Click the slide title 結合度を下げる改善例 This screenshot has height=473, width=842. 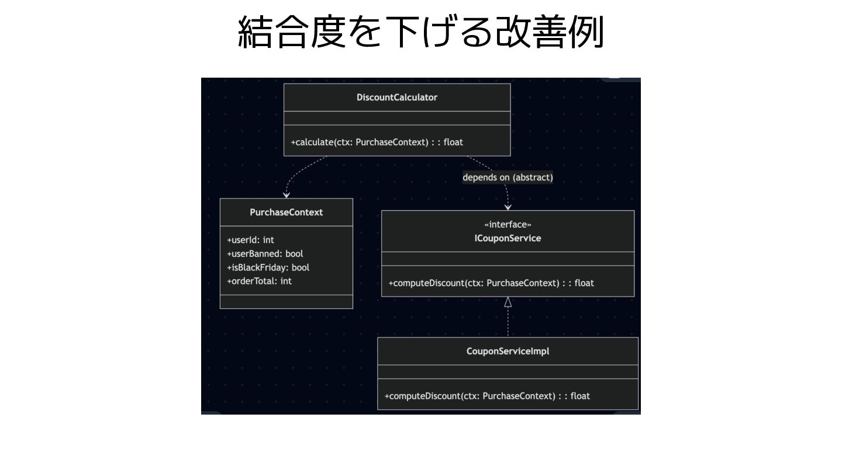[420, 33]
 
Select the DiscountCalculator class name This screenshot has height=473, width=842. [396, 98]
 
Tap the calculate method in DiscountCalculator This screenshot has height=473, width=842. [377, 142]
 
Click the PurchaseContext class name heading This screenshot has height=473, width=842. [286, 212]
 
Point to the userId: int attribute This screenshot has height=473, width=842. [250, 240]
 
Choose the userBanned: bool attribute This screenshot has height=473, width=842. [265, 253]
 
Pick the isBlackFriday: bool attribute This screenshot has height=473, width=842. [268, 267]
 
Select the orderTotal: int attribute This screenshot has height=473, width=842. [259, 281]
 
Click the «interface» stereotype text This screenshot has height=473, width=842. [508, 225]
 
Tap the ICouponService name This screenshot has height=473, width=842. [508, 238]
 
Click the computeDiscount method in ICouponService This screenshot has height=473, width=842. [491, 283]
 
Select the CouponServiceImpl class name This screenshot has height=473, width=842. [508, 352]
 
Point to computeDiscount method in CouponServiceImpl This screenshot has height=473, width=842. [487, 396]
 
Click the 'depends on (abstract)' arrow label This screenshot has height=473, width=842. [508, 178]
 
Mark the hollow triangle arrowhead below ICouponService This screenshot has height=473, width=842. [508, 302]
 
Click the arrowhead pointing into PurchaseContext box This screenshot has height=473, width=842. [287, 195]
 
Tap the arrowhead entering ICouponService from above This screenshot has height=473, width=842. [508, 207]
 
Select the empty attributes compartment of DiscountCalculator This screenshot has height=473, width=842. [396, 119]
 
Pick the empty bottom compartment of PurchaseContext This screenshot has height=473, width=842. [286, 302]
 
